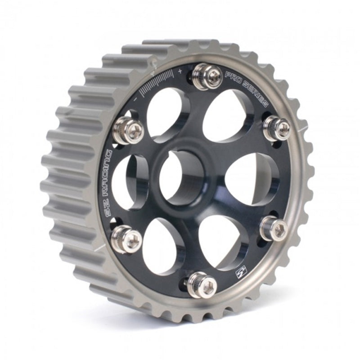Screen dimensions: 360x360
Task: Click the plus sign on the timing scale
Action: click(x=180, y=71)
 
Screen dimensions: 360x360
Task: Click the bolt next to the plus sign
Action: click(x=207, y=76)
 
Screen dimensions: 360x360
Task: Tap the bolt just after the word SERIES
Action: click(x=276, y=129)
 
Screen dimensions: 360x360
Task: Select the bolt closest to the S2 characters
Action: click(x=126, y=239)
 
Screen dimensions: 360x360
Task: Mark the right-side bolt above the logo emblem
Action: click(x=274, y=229)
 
